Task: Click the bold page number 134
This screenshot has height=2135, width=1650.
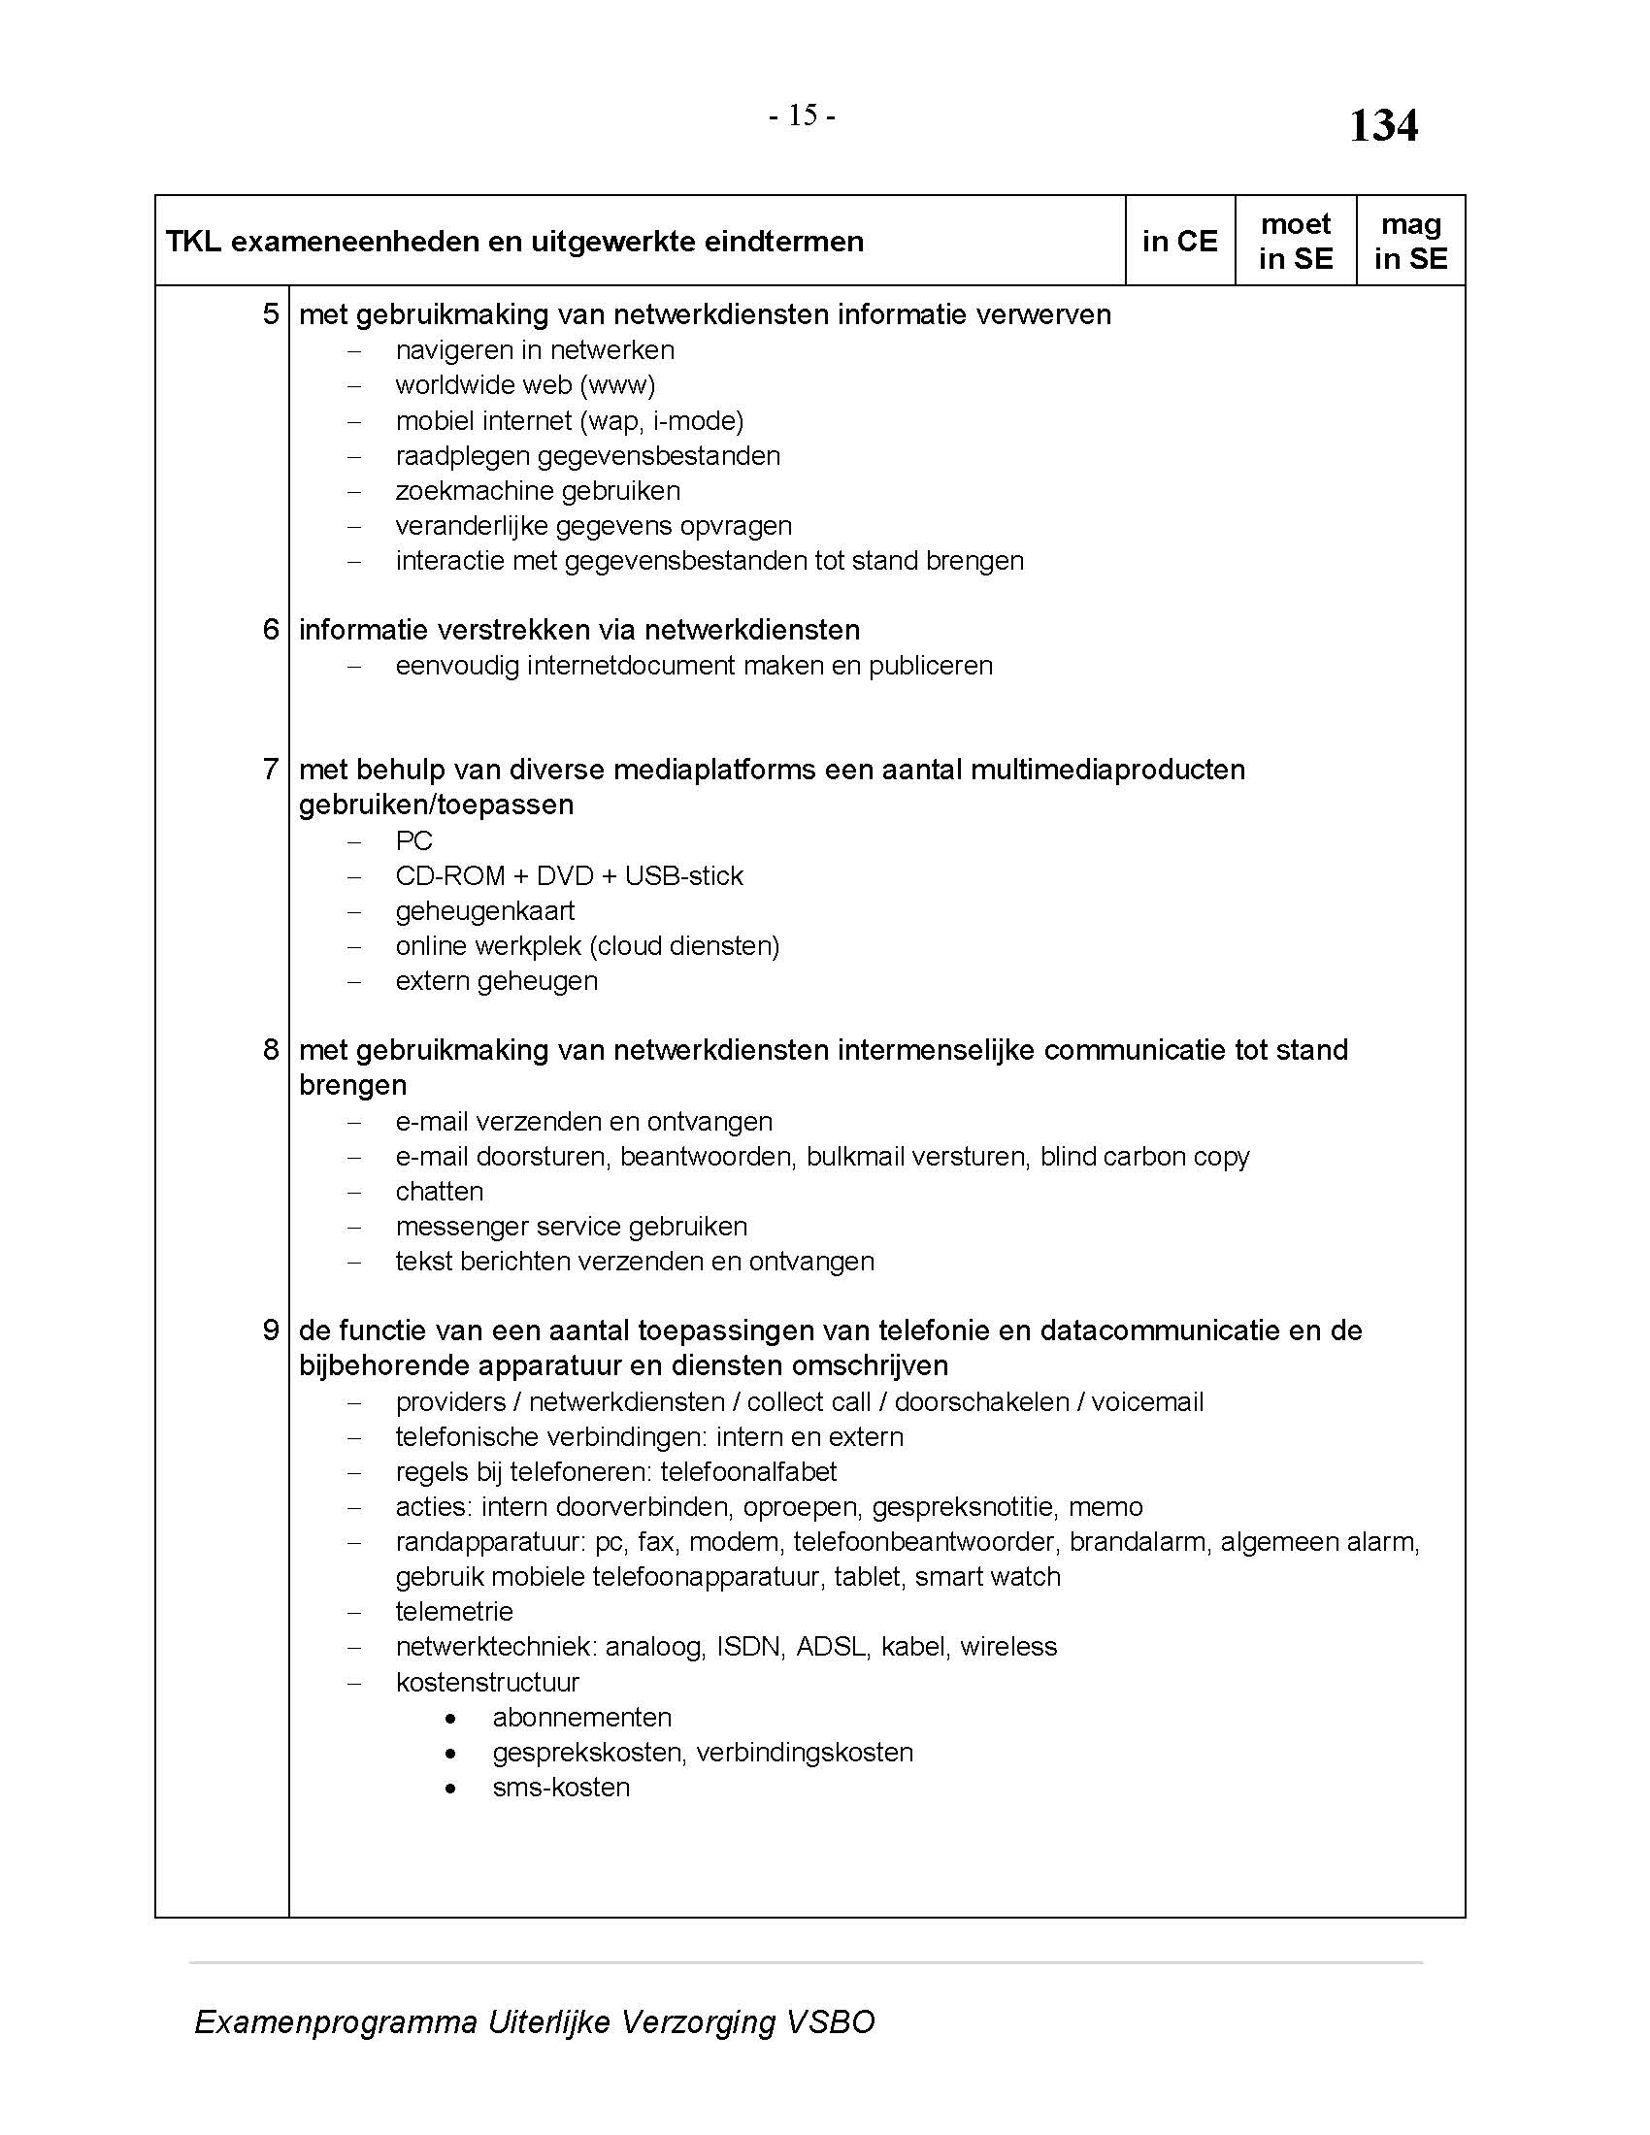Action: tap(1383, 126)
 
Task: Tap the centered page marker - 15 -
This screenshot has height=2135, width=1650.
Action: tap(802, 116)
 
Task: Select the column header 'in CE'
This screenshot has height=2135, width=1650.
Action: tap(1180, 242)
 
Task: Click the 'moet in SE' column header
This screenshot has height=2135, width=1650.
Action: tap(1295, 242)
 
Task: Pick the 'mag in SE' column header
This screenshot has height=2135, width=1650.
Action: tap(1410, 242)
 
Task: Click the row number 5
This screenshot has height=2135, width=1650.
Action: tap(271, 314)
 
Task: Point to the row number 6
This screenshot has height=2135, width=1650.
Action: tap(271, 630)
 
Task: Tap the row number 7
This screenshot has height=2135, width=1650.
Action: tap(271, 770)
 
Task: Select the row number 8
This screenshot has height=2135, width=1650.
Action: tap(271, 1050)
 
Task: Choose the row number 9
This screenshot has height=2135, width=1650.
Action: tap(271, 1330)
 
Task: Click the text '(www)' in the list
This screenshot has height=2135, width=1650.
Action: tap(617, 385)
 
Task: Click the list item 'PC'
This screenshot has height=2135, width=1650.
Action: tap(413, 840)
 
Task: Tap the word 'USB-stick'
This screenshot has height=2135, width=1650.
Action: tap(683, 876)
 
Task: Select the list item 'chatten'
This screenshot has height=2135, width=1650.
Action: tap(439, 1192)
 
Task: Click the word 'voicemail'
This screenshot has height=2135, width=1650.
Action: tap(1146, 1402)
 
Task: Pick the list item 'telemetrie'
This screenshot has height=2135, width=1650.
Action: tap(453, 1612)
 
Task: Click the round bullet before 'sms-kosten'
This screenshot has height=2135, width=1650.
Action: tap(449, 1788)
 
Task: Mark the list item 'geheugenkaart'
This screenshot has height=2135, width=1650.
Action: tap(485, 911)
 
